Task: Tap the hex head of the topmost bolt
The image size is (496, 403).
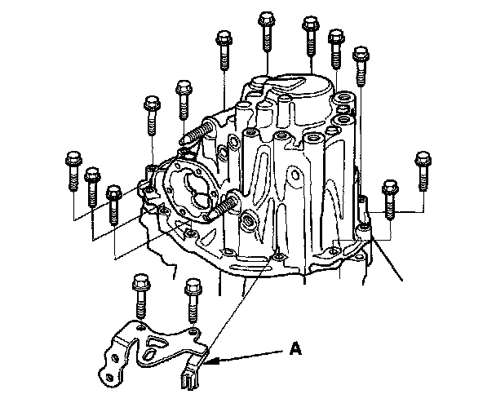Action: pyautogui.click(x=267, y=18)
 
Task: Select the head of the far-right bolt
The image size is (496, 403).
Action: pyautogui.click(x=423, y=159)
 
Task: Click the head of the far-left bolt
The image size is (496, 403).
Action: pyautogui.click(x=73, y=158)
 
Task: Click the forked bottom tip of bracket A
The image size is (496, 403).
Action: pyautogui.click(x=190, y=380)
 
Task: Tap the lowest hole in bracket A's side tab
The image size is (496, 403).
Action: pyautogui.click(x=109, y=377)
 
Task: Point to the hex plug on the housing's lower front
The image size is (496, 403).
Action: pyautogui.click(x=248, y=220)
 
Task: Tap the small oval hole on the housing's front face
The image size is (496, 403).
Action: pyautogui.click(x=295, y=175)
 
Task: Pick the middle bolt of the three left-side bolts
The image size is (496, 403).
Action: pyautogui.click(x=92, y=187)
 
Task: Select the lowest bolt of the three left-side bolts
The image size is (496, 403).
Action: pyautogui.click(x=114, y=205)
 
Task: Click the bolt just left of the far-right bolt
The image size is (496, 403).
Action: pyautogui.click(x=390, y=200)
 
